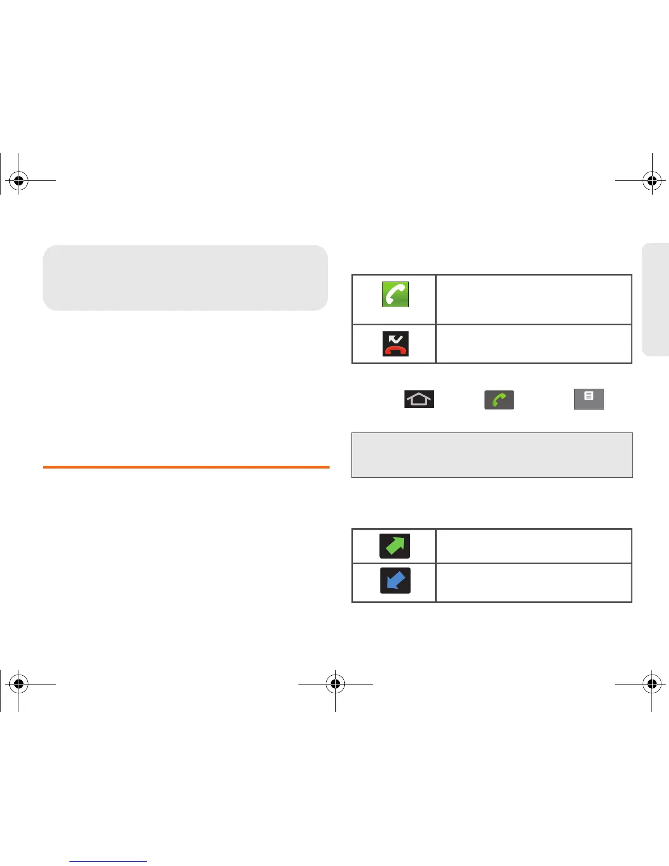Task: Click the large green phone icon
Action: (x=395, y=294)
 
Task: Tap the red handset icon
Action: (x=395, y=344)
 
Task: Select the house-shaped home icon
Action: (x=419, y=399)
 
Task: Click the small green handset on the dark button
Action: (x=499, y=400)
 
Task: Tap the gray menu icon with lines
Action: (x=589, y=399)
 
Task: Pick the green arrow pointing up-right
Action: (x=395, y=546)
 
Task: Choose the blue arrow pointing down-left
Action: (x=395, y=581)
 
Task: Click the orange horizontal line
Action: (x=186, y=467)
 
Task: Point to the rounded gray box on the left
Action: (x=185, y=278)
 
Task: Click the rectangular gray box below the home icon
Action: (x=492, y=455)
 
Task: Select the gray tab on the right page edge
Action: (x=656, y=299)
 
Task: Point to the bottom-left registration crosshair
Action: (x=19, y=683)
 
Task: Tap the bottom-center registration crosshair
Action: (x=335, y=683)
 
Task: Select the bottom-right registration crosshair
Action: (x=652, y=683)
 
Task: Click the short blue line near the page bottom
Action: (x=108, y=861)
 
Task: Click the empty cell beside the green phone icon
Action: (x=533, y=300)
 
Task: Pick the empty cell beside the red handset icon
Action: (x=533, y=344)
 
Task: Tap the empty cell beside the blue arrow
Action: (x=533, y=582)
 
